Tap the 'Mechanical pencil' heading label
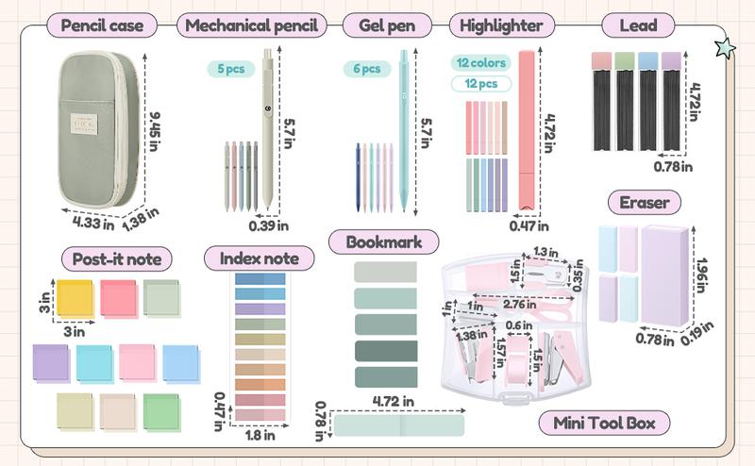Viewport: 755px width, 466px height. [x=249, y=25]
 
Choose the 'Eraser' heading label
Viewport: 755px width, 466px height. [x=645, y=202]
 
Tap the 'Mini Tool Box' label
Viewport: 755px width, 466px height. [x=598, y=422]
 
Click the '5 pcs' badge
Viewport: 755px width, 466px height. [x=231, y=68]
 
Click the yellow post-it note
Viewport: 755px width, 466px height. [x=74, y=297]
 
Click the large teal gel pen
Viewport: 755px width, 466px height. [x=403, y=127]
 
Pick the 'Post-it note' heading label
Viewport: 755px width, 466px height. [x=110, y=258]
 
